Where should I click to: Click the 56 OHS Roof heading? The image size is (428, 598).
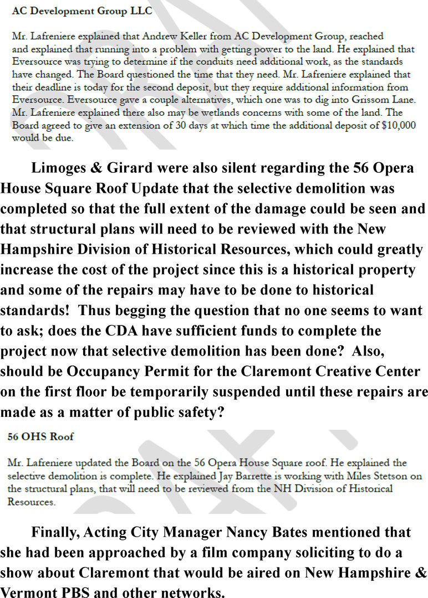tap(40, 437)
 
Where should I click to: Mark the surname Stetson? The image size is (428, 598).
tap(383, 476)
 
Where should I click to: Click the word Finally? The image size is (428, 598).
tap(55, 533)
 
